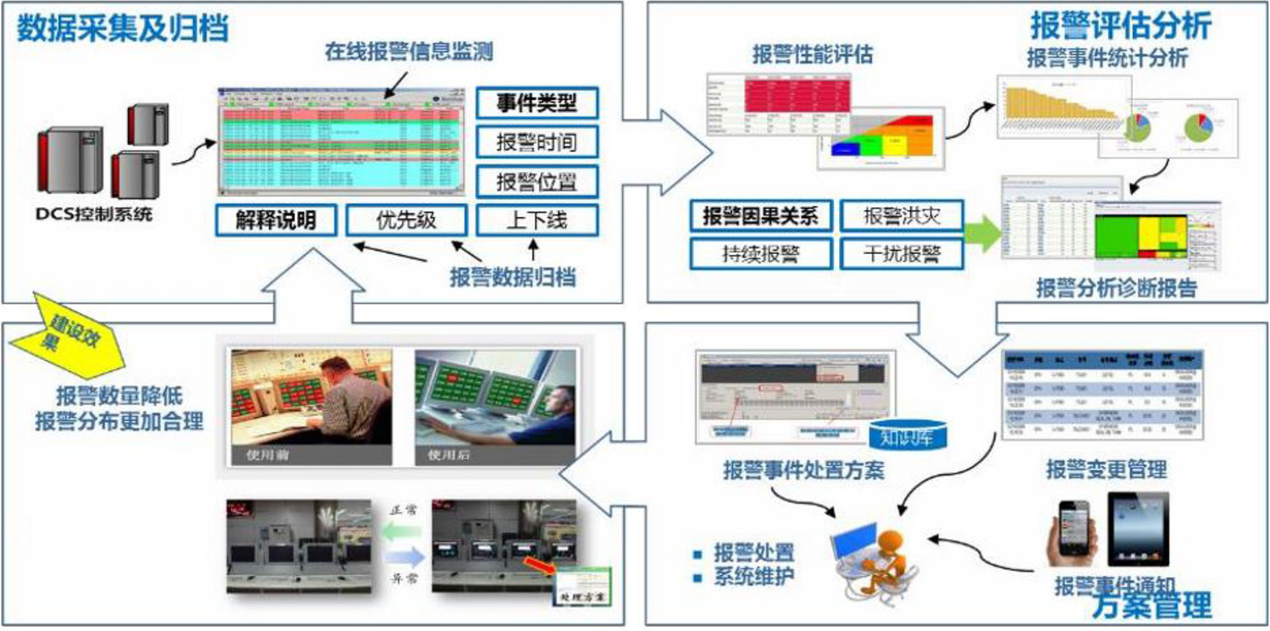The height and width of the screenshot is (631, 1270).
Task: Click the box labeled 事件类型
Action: (537, 102)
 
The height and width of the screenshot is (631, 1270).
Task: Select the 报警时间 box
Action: (537, 141)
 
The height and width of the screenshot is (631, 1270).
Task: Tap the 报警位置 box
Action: (537, 181)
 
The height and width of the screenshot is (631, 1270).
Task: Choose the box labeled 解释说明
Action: (277, 220)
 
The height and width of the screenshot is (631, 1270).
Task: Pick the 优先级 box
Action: (406, 220)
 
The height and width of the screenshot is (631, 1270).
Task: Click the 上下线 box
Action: (537, 220)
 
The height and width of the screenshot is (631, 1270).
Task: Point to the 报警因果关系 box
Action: (760, 216)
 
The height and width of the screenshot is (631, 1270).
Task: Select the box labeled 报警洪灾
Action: (902, 216)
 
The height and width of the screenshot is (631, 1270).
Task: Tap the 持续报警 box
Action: (760, 253)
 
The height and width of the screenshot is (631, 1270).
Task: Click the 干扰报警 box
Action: (902, 253)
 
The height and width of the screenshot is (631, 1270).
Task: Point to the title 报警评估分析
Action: (1120, 25)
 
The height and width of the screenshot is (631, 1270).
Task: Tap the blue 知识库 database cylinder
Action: (907, 435)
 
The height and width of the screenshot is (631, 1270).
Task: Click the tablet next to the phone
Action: (1138, 529)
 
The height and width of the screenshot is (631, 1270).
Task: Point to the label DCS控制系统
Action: (94, 214)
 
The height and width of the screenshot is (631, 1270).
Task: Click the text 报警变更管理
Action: (1106, 468)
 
